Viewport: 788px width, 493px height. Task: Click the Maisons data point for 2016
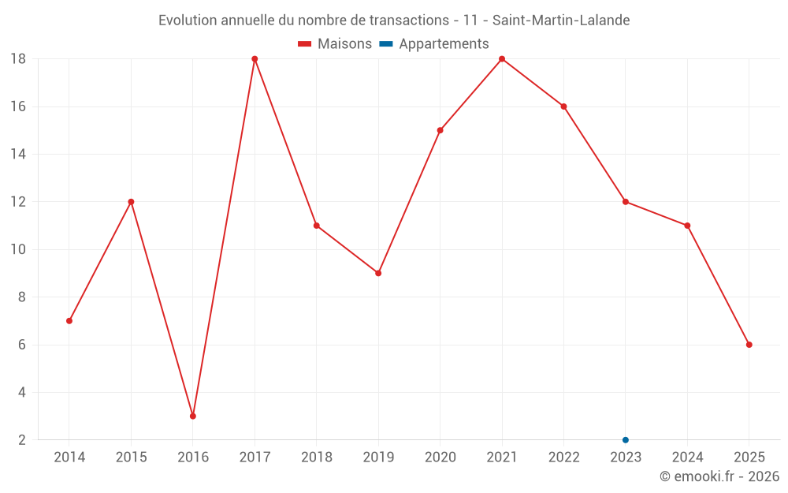pos(193,416)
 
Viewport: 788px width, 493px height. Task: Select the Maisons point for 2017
pos(255,59)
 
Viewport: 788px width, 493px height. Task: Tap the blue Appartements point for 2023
pos(626,439)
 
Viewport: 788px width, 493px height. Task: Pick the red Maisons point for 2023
pos(626,202)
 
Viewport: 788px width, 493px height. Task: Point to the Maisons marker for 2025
pos(749,345)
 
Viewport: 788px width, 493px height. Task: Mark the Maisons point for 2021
pos(502,59)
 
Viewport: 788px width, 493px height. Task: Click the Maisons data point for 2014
pos(69,321)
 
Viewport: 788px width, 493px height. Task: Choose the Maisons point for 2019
pos(378,273)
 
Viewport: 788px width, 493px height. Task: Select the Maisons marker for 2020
pos(440,130)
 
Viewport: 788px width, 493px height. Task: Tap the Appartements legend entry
pos(434,44)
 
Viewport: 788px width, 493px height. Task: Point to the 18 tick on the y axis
pos(18,59)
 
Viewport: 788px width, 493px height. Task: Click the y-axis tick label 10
pos(18,249)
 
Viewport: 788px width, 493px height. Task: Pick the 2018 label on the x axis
pos(316,457)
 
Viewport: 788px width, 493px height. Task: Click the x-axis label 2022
pos(563,457)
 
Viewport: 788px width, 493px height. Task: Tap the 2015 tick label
pos(131,457)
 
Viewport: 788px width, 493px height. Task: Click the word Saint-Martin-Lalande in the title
pos(561,21)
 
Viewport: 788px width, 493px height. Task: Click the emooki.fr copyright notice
pos(719,476)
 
